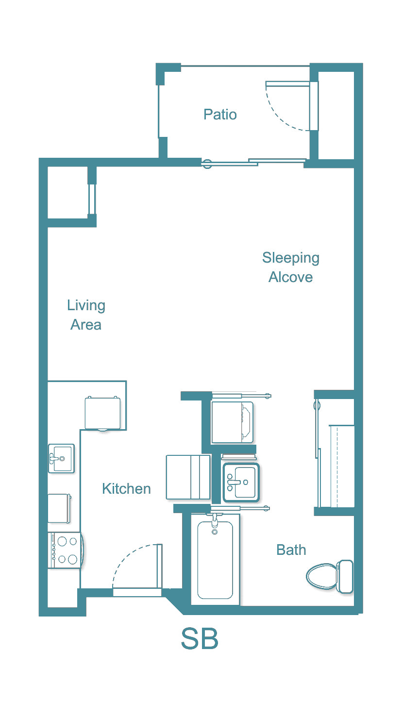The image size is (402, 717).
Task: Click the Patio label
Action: (220, 115)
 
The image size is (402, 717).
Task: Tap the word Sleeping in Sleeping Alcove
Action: (290, 257)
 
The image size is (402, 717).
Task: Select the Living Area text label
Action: (86, 315)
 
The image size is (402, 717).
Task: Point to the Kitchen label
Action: (126, 488)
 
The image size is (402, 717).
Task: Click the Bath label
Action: (291, 550)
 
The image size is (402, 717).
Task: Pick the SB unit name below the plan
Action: (200, 639)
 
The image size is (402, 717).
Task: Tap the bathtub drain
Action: (214, 533)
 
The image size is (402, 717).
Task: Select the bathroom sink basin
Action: (241, 482)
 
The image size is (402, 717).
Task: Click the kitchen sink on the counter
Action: (61, 458)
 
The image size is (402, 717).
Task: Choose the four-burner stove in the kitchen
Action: (65, 550)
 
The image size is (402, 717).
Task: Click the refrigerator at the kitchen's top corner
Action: (102, 413)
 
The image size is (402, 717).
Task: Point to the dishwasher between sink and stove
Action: (59, 508)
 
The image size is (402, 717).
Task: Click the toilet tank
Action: (345, 576)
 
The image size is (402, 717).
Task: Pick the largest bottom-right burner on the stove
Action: (72, 559)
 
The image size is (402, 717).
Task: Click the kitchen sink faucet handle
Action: (53, 457)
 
